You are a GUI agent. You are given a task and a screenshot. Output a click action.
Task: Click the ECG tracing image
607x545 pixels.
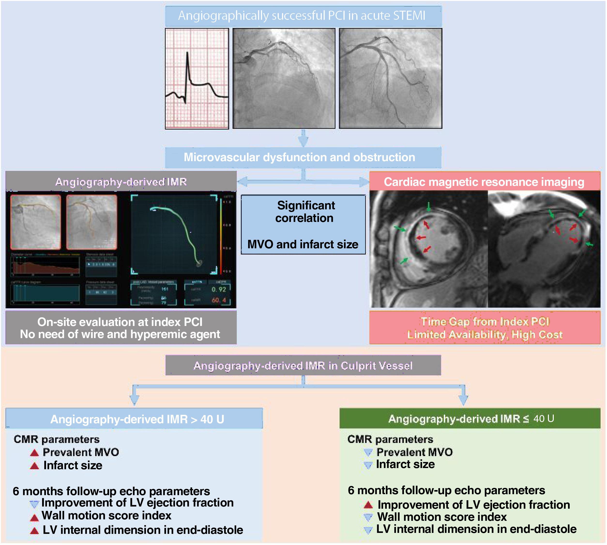click(197, 78)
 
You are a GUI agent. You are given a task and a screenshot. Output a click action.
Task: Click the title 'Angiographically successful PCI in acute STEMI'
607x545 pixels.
click(302, 15)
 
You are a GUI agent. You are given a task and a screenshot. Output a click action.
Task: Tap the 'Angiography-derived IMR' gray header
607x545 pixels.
click(121, 182)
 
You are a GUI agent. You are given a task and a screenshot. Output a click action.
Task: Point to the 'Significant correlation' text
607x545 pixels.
click(305, 212)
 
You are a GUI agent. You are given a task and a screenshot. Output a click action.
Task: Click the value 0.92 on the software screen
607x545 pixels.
click(219, 289)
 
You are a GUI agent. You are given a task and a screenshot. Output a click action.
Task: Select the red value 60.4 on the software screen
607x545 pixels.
click(219, 300)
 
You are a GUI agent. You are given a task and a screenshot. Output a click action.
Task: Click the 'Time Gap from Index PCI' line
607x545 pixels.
click(485, 322)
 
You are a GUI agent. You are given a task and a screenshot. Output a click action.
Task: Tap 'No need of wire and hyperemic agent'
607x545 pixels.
click(120, 334)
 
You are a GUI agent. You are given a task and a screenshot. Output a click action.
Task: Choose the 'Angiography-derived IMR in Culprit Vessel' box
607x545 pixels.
click(303, 366)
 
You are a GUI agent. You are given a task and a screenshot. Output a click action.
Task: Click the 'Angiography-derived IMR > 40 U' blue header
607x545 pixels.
click(137, 419)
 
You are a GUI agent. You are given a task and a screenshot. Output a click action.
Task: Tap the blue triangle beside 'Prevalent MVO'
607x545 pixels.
click(368, 452)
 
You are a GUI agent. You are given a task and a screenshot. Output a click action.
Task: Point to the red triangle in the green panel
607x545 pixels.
click(368, 505)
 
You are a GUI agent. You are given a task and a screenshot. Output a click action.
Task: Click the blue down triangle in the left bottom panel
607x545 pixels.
click(34, 504)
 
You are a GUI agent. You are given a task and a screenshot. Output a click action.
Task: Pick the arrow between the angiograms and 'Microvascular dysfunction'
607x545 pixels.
click(303, 138)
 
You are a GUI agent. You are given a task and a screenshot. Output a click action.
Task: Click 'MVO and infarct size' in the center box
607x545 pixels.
click(303, 244)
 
